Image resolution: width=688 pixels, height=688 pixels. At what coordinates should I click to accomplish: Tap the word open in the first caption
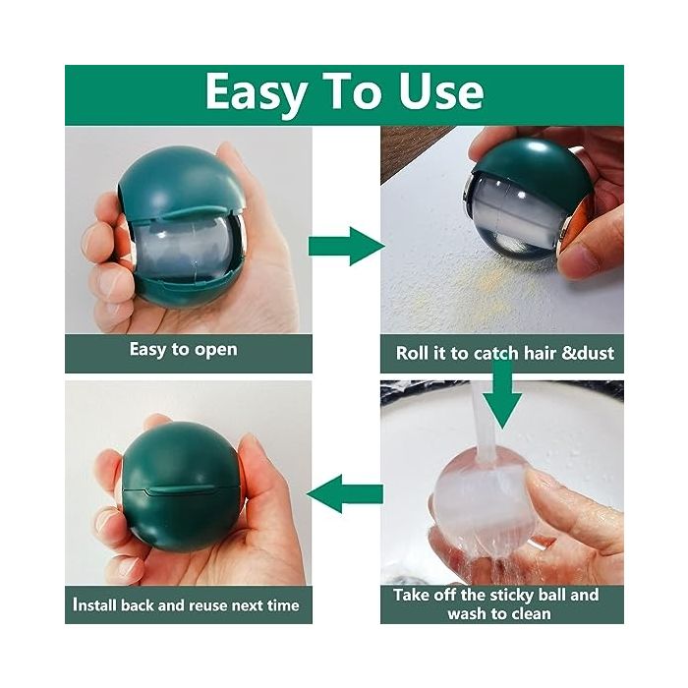[x=215, y=351]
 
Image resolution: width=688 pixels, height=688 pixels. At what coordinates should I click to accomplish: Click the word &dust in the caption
[x=588, y=353]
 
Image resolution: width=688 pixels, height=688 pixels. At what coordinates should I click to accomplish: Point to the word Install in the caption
[x=94, y=604]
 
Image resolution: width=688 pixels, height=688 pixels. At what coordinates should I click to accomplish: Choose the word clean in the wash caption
[x=531, y=613]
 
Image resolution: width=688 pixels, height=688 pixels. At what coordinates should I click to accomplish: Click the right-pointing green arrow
[x=347, y=246]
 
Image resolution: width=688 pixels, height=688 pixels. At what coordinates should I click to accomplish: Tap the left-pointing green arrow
[x=345, y=494]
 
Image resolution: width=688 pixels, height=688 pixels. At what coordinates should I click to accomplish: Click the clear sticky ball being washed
[x=481, y=504]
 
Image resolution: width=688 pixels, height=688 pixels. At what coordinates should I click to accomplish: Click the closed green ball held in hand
[x=181, y=487]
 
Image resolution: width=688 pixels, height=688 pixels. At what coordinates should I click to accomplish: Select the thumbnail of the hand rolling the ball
[x=502, y=229]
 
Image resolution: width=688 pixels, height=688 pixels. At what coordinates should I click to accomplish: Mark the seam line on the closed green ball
[x=181, y=488]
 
